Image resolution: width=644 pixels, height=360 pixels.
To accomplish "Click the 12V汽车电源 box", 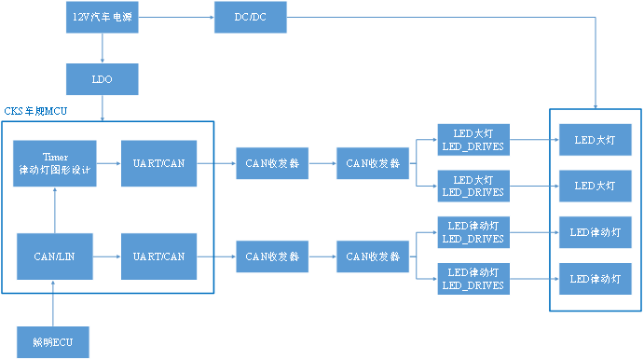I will click(x=103, y=18).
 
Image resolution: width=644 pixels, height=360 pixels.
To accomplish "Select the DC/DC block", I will click(x=251, y=18).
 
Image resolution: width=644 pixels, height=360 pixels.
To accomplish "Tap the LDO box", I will click(x=103, y=79).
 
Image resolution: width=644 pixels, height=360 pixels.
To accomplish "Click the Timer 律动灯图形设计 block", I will click(x=55, y=163).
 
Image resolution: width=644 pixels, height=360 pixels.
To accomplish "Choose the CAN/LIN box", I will click(x=55, y=256).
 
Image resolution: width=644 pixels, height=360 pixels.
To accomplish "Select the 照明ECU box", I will click(x=55, y=342).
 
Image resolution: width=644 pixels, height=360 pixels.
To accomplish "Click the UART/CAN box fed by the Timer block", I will click(x=159, y=163).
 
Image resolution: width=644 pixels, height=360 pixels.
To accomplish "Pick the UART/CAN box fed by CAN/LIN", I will click(x=159, y=256).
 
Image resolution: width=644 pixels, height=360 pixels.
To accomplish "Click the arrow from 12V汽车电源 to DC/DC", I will click(x=176, y=18).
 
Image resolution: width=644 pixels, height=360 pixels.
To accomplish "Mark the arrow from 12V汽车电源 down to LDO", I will click(x=103, y=48).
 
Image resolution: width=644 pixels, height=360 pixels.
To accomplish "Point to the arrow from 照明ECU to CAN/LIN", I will click(x=55, y=303).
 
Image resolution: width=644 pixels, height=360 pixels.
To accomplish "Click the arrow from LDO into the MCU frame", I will click(x=103, y=108).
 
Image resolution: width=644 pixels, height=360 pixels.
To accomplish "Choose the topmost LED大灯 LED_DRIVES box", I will click(x=472, y=140).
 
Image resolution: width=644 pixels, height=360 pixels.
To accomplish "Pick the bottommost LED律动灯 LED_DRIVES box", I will click(x=472, y=279).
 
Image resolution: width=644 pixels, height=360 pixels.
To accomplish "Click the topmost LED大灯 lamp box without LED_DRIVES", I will click(x=595, y=140).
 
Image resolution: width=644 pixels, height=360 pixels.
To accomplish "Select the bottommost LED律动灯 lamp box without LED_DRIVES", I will click(x=595, y=279).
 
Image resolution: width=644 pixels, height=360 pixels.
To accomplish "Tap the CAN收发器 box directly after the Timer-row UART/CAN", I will click(x=272, y=163).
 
